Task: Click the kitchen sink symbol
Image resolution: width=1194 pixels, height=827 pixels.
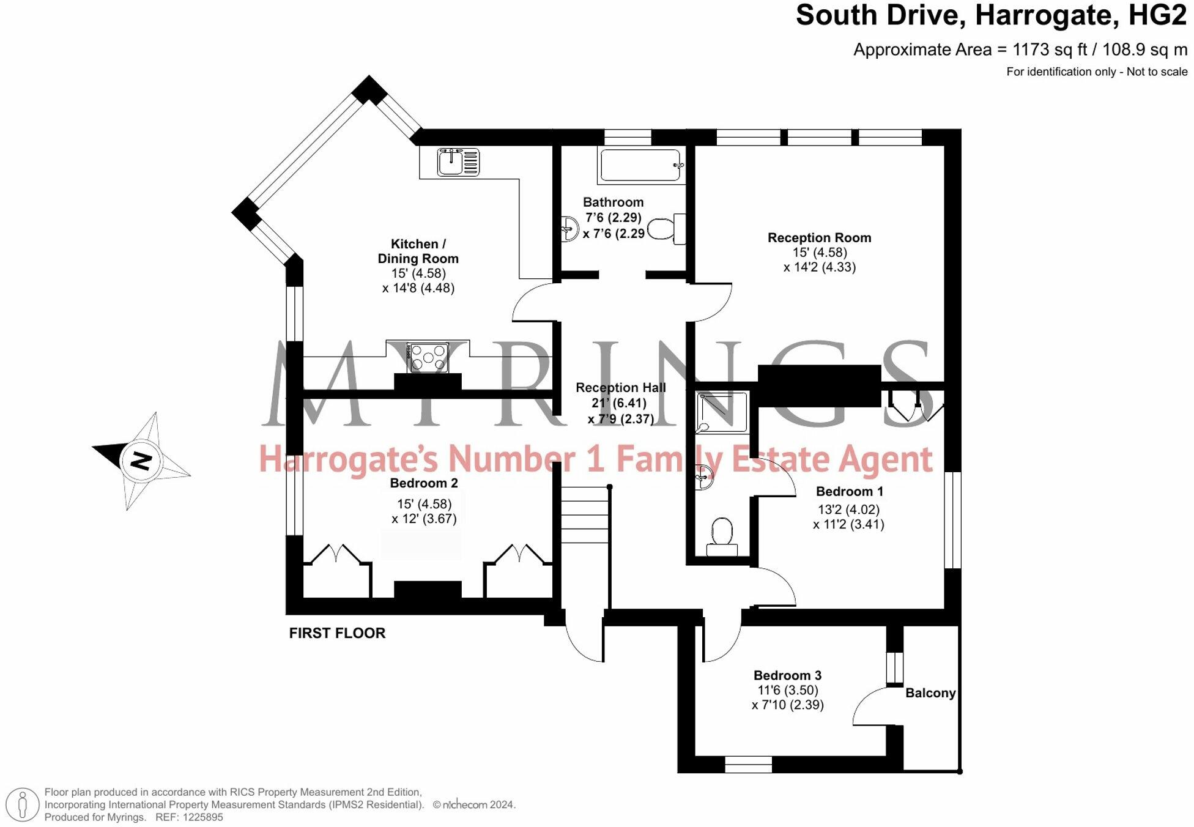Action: click(458, 162)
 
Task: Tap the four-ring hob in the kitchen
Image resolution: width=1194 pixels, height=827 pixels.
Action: click(428, 358)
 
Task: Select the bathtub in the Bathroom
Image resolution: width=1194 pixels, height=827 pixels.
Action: click(640, 165)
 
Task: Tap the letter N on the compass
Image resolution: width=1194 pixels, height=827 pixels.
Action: click(141, 461)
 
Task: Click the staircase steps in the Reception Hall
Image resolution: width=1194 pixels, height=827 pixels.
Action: click(585, 515)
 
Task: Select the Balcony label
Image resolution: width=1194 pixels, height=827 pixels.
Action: click(930, 693)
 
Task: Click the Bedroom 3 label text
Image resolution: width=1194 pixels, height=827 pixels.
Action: click(787, 675)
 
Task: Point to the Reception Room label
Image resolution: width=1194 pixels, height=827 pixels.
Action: click(819, 237)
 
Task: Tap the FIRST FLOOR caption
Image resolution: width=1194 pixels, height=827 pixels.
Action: click(337, 633)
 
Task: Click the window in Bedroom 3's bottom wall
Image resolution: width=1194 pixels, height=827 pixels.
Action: click(748, 764)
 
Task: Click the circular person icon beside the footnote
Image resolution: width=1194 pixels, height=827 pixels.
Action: click(23, 804)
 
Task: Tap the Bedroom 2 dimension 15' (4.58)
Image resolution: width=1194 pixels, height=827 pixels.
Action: click(424, 504)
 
